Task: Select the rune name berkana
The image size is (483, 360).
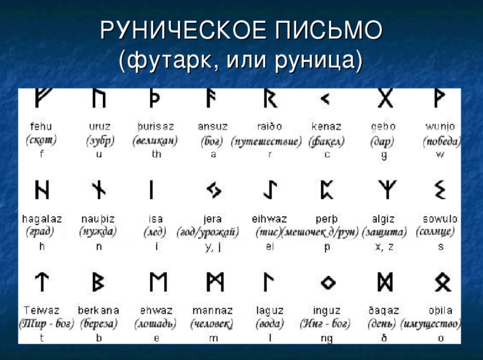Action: [x=99, y=310]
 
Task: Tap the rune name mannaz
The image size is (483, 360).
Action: [x=213, y=310]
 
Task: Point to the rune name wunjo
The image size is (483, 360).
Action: [x=440, y=127]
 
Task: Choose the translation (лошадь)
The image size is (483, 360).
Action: [x=155, y=324]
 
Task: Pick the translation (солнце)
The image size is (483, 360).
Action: [x=437, y=232]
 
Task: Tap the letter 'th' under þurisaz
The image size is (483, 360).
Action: [x=156, y=155]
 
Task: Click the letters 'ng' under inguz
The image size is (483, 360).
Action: [x=326, y=338]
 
